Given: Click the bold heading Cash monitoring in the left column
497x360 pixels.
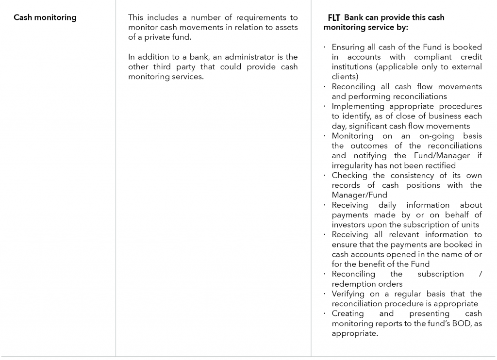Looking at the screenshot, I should tap(45, 17).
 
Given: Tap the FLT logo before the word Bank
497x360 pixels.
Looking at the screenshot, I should tap(334, 18).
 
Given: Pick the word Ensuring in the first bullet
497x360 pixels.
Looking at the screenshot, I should tap(349, 47).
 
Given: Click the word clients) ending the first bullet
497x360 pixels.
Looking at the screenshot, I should tap(345, 77).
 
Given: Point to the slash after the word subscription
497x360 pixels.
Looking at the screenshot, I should tap(480, 274).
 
